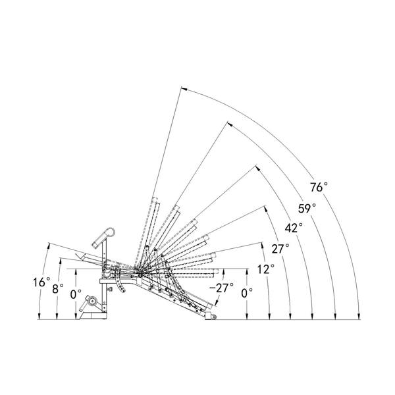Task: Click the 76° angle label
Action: coord(319,187)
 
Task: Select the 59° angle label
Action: coord(307,209)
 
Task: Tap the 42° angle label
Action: coord(294,228)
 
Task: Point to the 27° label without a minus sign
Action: coord(280,249)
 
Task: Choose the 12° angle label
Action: coord(266,269)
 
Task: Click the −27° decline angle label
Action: coord(221,288)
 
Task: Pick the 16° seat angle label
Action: coord(41,282)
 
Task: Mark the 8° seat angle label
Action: coord(58,289)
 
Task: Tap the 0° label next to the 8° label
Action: coord(76,294)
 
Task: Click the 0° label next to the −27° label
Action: coord(247,293)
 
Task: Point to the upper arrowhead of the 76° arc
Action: coord(184,89)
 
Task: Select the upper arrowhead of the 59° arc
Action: coord(230,124)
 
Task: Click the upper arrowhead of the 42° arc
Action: coord(257,168)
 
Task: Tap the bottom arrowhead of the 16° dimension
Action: coord(39,317)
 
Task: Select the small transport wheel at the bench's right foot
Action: coord(213,317)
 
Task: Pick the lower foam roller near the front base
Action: coord(92,301)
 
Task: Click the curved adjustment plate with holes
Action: coord(120,282)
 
